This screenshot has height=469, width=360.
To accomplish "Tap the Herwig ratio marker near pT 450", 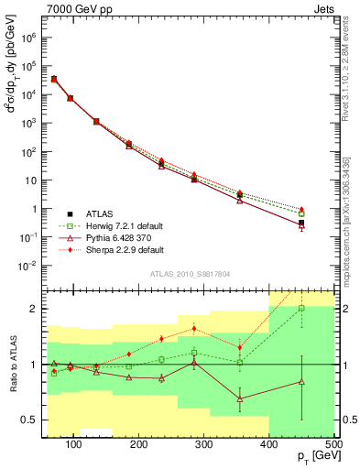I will point(301,309).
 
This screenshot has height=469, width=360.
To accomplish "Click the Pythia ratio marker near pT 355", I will point(240,399).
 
